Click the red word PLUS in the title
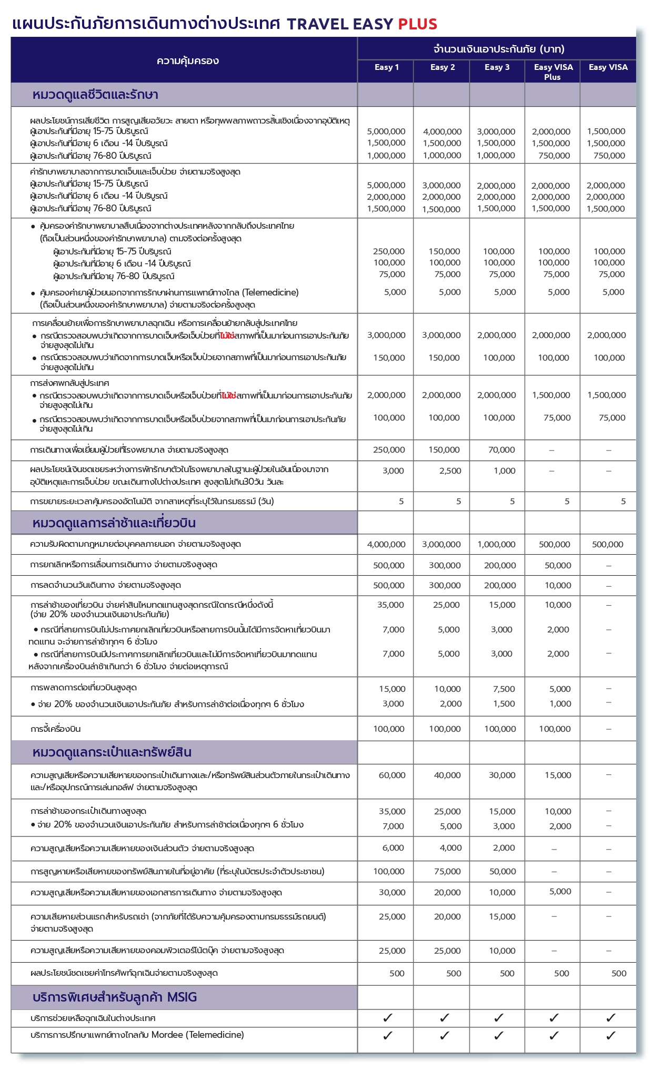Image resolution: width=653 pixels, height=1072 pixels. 417,24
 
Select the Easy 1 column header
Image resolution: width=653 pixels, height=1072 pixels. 386,67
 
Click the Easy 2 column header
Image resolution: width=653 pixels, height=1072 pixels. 442,67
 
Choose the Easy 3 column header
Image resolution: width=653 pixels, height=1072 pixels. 497,67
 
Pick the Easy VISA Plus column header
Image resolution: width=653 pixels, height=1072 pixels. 553,72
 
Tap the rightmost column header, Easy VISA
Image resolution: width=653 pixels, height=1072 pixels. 608,67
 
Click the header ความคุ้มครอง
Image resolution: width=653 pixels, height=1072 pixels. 187,61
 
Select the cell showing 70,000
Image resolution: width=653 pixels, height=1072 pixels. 501,450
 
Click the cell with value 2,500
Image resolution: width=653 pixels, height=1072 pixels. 450,471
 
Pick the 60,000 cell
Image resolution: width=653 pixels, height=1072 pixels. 392,775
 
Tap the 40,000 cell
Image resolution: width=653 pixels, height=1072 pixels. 447,775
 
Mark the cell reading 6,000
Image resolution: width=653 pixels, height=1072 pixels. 393,848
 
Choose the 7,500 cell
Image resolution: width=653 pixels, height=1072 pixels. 504,689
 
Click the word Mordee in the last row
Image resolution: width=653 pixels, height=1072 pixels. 167,1035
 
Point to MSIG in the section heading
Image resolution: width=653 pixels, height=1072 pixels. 182,997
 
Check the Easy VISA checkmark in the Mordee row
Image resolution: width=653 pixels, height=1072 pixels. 610,1036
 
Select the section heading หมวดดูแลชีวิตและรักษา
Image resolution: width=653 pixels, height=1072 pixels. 95,95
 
